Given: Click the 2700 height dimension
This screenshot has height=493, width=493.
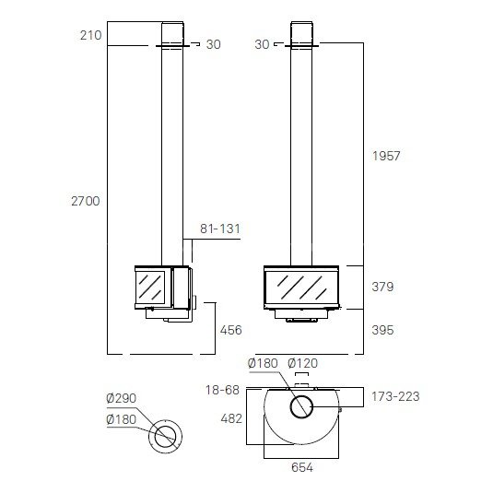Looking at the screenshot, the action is click(x=86, y=201).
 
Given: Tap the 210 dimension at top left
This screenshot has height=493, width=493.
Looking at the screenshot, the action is click(x=91, y=35).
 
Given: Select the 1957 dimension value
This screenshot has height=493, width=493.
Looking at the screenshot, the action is click(x=386, y=156).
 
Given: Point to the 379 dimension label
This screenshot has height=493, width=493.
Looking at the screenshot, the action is click(x=382, y=287).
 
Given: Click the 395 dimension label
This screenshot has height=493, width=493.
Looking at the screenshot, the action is click(x=382, y=330).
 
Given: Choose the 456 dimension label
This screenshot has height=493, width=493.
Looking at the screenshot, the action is click(x=231, y=330).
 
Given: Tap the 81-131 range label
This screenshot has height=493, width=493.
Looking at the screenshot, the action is click(x=220, y=229).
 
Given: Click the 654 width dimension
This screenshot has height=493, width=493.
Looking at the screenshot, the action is click(x=302, y=467).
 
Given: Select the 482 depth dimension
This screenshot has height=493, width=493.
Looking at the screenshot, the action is click(x=231, y=418).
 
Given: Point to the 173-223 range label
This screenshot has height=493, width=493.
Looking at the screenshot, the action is click(x=395, y=396).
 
